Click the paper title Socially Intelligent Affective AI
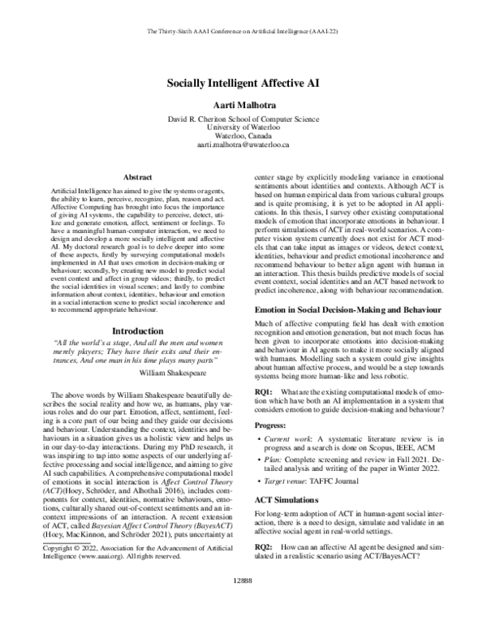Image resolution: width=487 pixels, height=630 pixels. click(243, 84)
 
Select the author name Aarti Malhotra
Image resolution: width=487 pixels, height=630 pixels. click(243, 105)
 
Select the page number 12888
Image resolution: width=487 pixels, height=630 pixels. click(243, 604)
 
